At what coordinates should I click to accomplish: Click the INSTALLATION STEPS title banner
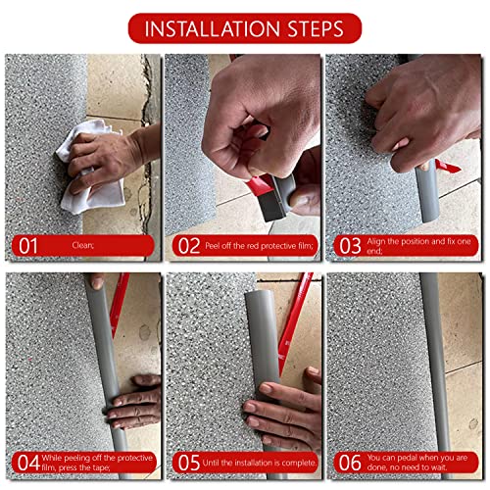[x=245, y=27]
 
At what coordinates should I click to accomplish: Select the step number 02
[x=188, y=245]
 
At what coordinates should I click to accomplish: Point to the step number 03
[x=350, y=245]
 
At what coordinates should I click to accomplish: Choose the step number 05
[x=188, y=462]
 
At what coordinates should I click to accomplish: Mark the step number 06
[x=350, y=462]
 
